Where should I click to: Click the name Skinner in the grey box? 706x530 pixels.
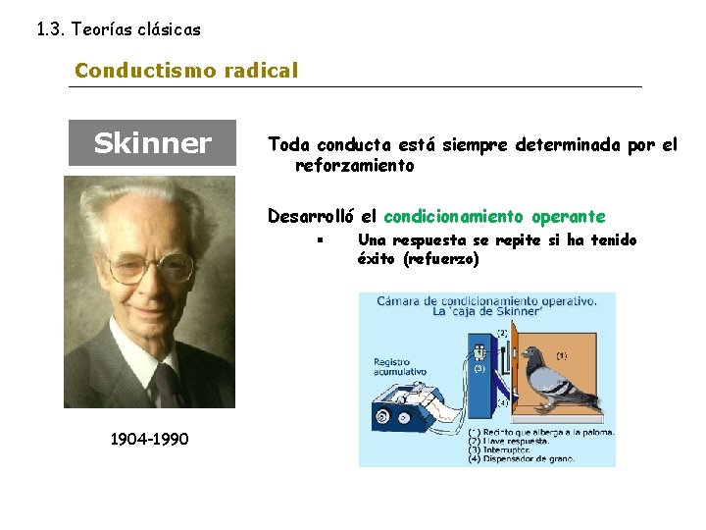(152, 143)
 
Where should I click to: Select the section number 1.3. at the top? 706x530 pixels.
(52, 29)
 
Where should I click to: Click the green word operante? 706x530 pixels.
(569, 216)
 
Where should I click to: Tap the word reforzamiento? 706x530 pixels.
(355, 166)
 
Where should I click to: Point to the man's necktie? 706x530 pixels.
(167, 386)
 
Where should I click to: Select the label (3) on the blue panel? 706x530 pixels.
(479, 370)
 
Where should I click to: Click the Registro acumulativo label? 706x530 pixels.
(397, 367)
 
